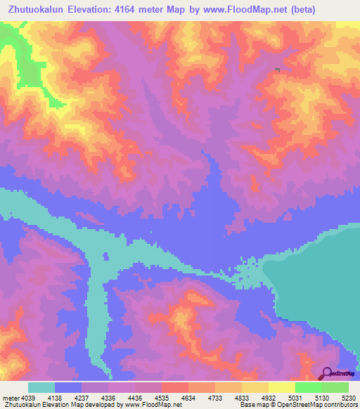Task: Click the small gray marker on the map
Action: (278, 70)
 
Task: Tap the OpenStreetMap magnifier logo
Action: (326, 372)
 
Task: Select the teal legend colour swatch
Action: (41, 387)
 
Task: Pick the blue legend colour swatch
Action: (68, 387)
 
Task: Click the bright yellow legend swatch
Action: (281, 387)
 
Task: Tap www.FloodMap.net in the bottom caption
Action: (151, 405)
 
